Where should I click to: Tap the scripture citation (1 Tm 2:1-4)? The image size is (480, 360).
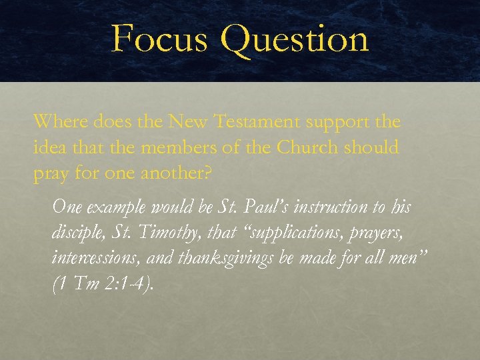click(103, 284)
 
